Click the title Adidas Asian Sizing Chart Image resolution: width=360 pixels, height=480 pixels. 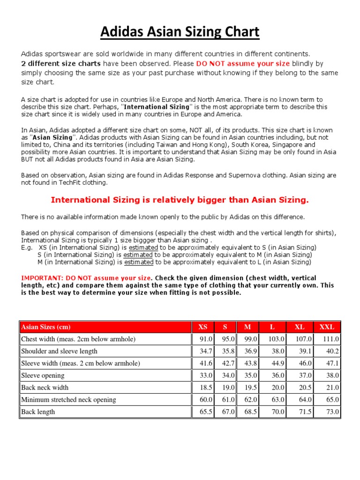pos(180,32)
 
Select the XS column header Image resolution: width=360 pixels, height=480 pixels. pos(202,327)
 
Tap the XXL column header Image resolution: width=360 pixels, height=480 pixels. pos(327,327)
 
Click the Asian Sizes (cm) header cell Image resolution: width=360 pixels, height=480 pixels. pos(46,327)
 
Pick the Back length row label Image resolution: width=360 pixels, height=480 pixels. pos(38,412)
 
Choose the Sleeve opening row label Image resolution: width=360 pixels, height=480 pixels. pos(43,375)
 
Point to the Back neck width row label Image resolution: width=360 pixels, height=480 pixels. pos(45,387)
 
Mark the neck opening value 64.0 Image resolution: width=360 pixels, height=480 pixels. pos(305,399)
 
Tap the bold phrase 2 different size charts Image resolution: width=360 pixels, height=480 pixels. pos(61,64)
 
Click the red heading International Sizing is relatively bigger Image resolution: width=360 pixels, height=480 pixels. pos(180,200)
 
